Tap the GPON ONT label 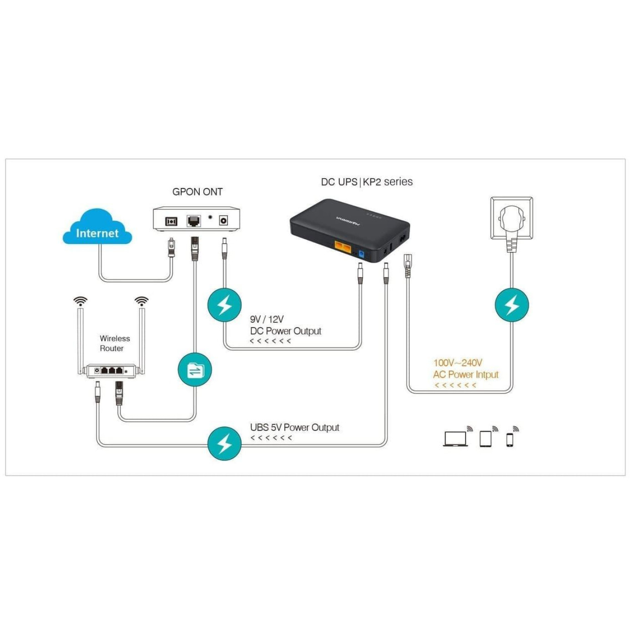197,192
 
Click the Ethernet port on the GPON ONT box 194,221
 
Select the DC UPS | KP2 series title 367,182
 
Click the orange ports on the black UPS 343,248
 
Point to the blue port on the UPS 361,254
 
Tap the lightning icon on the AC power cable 512,305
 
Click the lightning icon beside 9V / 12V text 224,305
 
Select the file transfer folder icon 195,370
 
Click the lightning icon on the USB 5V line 224,443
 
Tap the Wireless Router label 115,344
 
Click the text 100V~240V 458,363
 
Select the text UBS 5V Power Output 294,428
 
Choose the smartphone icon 510,440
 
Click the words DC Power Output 286,331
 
